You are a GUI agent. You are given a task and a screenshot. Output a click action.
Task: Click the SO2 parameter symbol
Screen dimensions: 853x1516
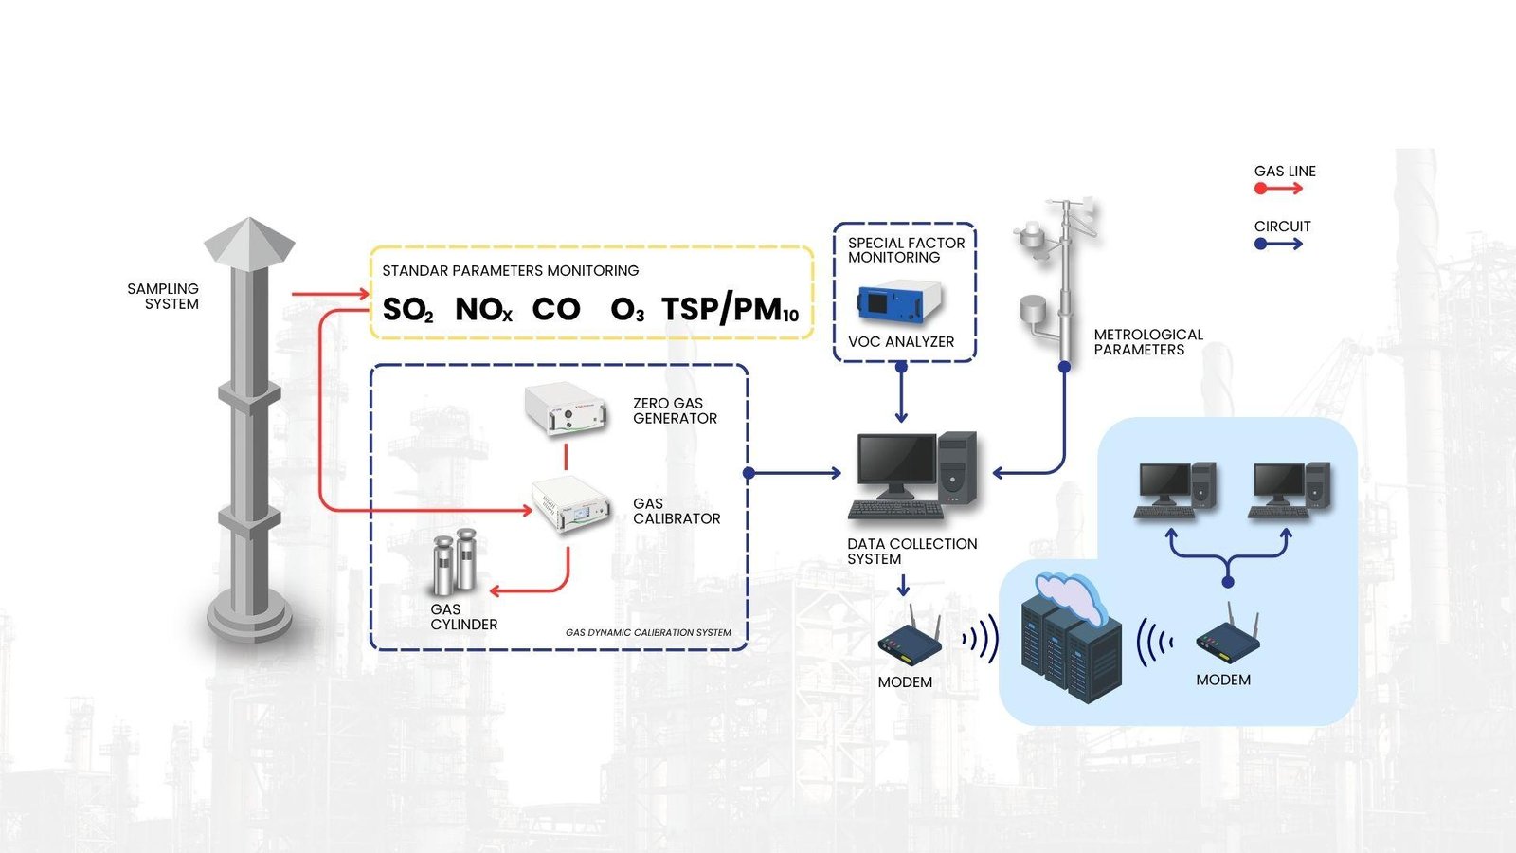point(407,310)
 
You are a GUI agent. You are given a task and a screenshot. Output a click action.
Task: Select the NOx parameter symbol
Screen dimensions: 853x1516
point(483,310)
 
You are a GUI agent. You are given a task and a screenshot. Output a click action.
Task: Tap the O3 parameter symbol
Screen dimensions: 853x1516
point(627,310)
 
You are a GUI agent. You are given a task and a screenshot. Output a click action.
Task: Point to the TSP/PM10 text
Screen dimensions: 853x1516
point(730,310)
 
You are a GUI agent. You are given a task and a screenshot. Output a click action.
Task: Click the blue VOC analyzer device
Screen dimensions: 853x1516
point(899,302)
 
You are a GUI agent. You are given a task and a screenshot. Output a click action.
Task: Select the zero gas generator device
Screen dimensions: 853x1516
point(566,408)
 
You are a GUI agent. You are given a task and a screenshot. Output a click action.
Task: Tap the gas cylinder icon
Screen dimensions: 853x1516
point(454,564)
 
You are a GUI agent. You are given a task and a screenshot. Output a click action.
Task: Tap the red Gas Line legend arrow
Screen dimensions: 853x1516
point(1279,189)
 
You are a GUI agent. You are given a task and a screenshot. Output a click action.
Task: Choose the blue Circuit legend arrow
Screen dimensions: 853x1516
point(1279,244)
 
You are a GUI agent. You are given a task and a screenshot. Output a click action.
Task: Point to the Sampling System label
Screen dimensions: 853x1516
point(164,297)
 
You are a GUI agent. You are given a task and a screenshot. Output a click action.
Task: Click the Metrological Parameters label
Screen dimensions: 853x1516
point(1148,342)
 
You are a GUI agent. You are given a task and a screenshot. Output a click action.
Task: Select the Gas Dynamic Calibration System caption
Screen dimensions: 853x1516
point(648,632)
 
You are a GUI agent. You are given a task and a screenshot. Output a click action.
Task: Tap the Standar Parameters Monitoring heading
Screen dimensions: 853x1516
point(510,271)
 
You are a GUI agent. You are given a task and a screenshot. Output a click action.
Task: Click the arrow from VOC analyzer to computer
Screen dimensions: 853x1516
point(901,393)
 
